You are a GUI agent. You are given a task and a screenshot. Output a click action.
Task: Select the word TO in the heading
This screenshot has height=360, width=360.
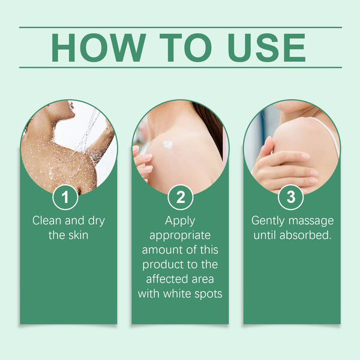182,47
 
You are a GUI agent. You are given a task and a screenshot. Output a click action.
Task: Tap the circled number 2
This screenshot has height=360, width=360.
180,197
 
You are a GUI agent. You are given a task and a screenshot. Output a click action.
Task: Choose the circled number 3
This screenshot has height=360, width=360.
291,197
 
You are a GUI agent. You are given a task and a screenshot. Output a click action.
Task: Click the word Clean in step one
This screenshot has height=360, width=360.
47,221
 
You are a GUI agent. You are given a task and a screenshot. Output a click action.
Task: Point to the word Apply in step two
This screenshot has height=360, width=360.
180,221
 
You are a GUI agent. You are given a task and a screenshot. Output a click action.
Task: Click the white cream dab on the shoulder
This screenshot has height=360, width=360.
167,144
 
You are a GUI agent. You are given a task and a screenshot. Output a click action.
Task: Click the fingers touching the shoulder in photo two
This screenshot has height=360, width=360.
142,162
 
